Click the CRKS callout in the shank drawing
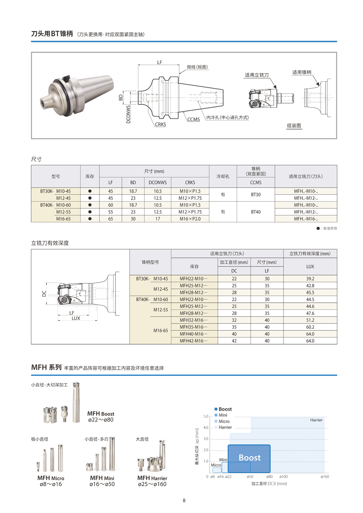coord(160,124)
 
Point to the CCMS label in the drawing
coord(193,119)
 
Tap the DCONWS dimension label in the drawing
coord(128,114)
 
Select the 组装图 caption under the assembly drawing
coord(294,126)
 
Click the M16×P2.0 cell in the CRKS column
coord(190,219)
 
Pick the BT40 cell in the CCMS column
coord(256,212)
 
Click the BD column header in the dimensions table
coord(133,182)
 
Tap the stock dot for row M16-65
coord(90,219)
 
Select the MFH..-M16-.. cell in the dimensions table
coord(306,219)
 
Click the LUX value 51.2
coord(310,320)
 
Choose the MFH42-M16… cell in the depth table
coord(194,341)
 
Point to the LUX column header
coord(310,266)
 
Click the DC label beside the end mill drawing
coord(44,294)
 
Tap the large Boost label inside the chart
coord(249,458)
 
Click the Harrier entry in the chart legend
coord(225,427)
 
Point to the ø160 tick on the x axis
coord(325,476)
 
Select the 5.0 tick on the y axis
coord(206,416)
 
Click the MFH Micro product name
coord(51,478)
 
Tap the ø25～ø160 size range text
coord(152,484)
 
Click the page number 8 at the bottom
coord(184,500)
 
